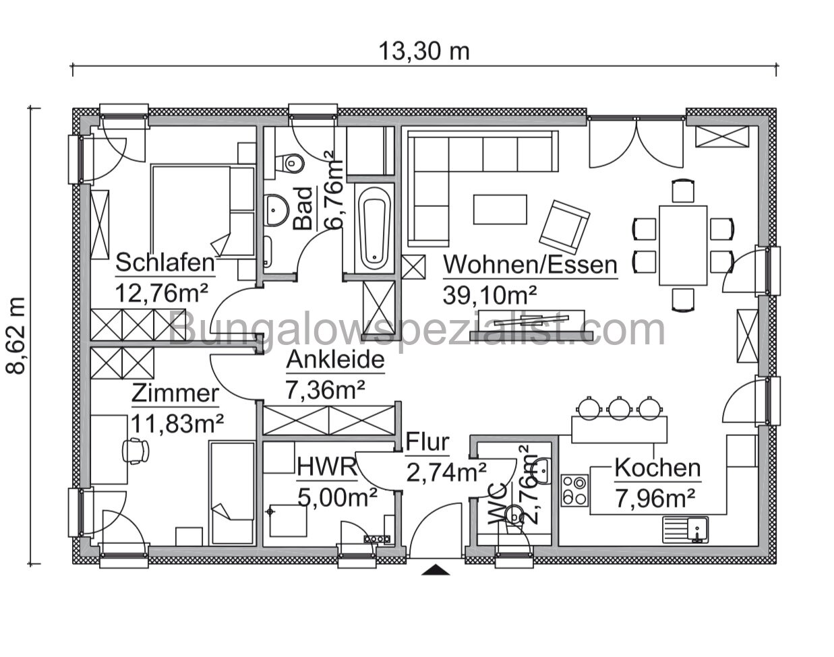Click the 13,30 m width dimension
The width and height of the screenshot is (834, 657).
click(423, 51)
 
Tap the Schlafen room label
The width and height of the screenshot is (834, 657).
click(165, 263)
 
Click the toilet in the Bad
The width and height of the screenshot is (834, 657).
click(290, 162)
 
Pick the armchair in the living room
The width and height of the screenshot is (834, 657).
click(564, 224)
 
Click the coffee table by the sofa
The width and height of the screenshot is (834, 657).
click(500, 209)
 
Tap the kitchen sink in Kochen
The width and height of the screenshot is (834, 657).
click(685, 529)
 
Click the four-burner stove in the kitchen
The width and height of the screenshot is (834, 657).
click(574, 490)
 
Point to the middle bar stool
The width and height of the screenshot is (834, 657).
click(619, 407)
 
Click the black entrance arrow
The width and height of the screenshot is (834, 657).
click(436, 570)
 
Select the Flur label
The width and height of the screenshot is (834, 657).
click(427, 442)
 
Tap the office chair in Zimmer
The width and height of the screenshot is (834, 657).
click(137, 449)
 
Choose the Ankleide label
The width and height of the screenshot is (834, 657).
click(335, 361)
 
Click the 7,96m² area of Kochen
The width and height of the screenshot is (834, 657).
click(655, 499)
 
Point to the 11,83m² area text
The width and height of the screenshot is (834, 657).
click(177, 423)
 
